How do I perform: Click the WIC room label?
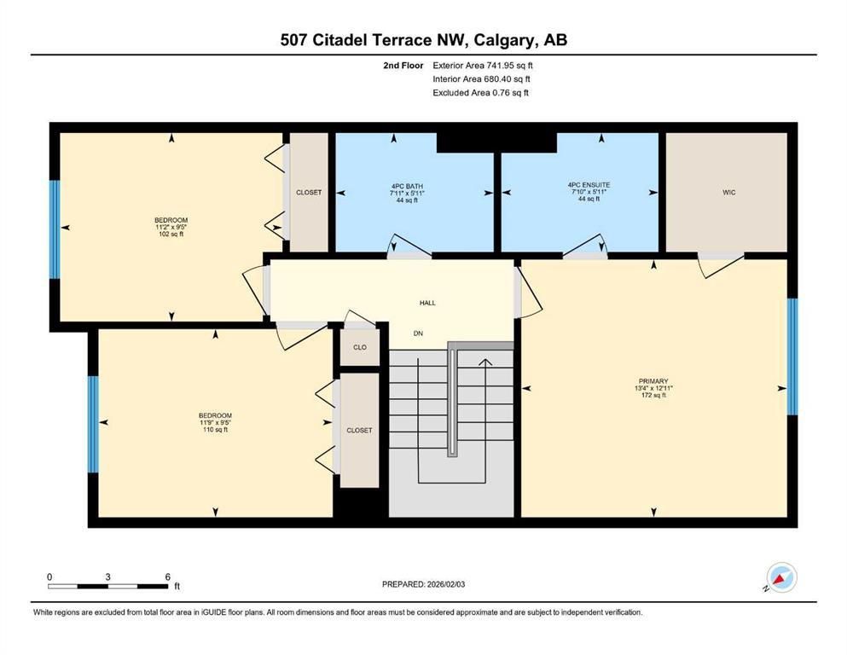[x=728, y=193]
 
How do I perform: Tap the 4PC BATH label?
[x=414, y=186]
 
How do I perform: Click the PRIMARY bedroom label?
[x=653, y=381]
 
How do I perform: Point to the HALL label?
[x=427, y=303]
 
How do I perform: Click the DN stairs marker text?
[x=419, y=333]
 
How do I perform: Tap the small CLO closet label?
[x=359, y=347]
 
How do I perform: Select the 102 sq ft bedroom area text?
[x=171, y=234]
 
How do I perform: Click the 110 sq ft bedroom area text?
[x=215, y=430]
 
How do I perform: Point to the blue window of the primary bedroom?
[x=792, y=356]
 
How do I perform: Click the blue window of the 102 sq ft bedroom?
[x=55, y=229]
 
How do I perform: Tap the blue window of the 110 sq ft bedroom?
[x=93, y=424]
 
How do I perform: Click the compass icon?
[x=780, y=578]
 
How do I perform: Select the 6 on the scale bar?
[x=167, y=577]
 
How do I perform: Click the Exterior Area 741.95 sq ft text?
[x=487, y=65]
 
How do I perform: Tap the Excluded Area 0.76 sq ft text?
[x=480, y=92]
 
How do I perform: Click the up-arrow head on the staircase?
[x=485, y=362]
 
